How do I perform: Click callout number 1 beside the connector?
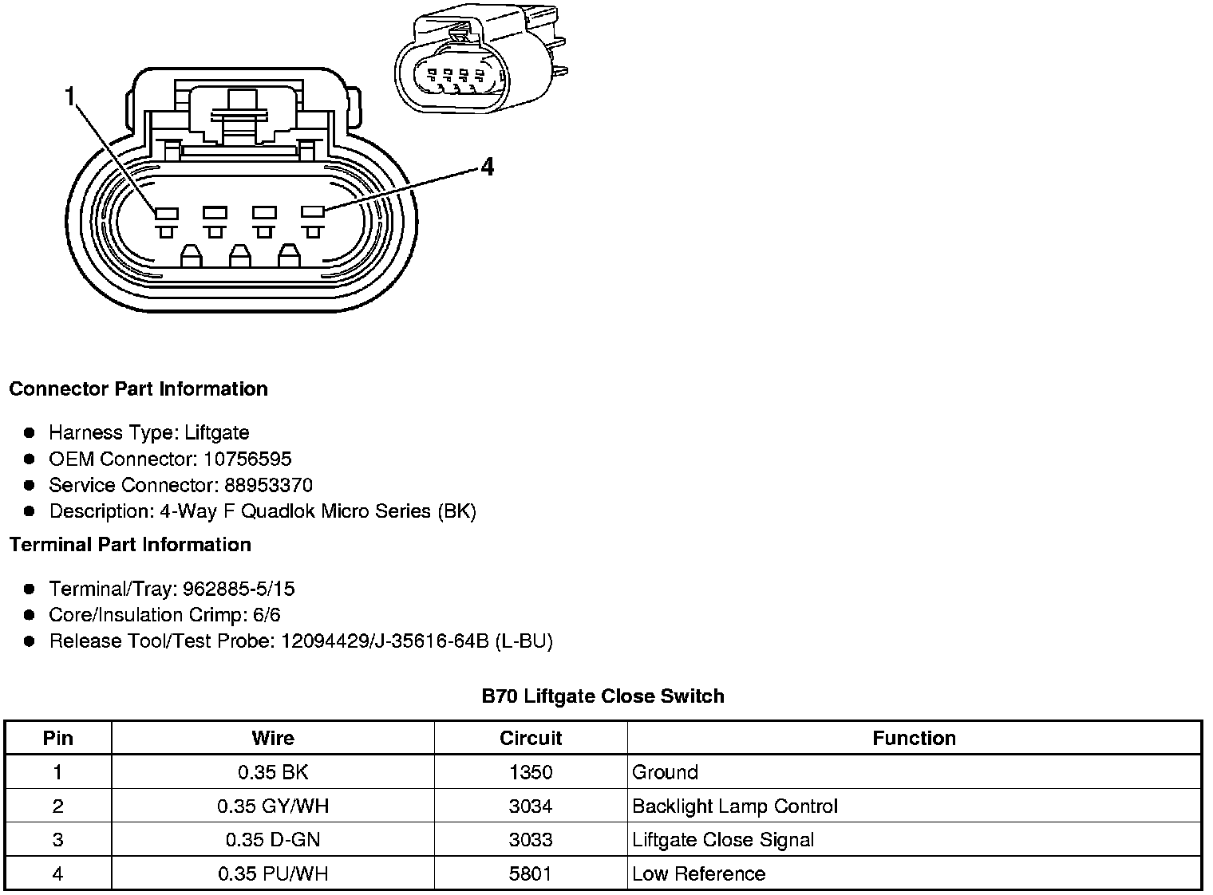coord(69,97)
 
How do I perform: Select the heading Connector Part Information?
coord(138,388)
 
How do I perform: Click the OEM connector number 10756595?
coord(247,459)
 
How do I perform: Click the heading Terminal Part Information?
coord(130,544)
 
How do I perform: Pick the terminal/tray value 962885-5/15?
coord(239,589)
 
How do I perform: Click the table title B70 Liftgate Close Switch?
coord(603,696)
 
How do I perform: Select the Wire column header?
coord(272,738)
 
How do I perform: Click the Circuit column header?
coord(531,738)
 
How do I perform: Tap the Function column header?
coord(914,738)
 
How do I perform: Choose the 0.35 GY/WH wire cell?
coord(272,806)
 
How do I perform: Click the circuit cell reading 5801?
coord(531,873)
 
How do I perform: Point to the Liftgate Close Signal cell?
coord(723,840)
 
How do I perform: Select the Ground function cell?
coord(665,772)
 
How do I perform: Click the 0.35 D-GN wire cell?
coord(272,840)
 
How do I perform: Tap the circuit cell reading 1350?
coord(531,772)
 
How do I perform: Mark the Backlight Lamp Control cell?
coord(734,806)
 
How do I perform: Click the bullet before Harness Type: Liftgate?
coord(30,432)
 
